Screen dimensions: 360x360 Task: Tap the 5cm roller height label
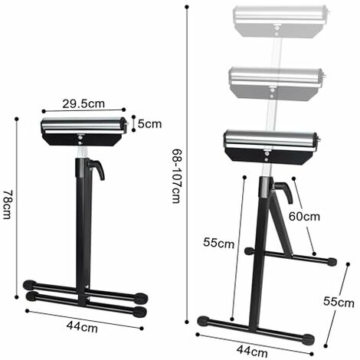pyautogui.click(x=150, y=123)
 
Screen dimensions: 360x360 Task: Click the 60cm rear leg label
pyautogui.click(x=304, y=217)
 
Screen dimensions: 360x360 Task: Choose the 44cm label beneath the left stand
pyautogui.click(x=82, y=326)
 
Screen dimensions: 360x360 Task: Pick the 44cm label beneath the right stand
pyautogui.click(x=252, y=351)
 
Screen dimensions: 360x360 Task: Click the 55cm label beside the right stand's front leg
pyautogui.click(x=218, y=243)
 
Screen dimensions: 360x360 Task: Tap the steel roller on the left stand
pyautogui.click(x=83, y=125)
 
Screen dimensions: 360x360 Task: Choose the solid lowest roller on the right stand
pyautogui.click(x=268, y=140)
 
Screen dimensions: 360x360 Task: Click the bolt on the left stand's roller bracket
pyautogui.click(x=82, y=139)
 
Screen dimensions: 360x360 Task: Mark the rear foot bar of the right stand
pyautogui.click(x=291, y=256)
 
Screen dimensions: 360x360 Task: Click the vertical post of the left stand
pyautogui.click(x=81, y=222)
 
